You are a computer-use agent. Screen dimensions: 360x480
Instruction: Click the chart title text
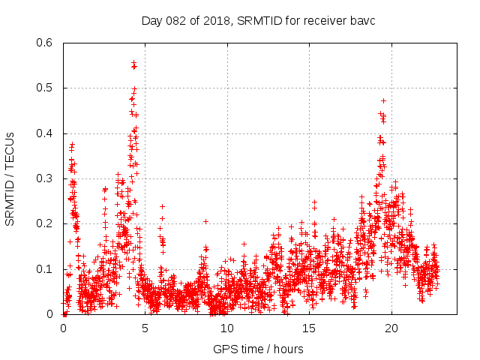[x=258, y=20]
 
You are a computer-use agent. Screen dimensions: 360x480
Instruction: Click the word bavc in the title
[x=362, y=20]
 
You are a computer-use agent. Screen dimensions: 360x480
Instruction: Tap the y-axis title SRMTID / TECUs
[x=10, y=178]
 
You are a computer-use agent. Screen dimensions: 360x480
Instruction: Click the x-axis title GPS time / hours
[x=258, y=349]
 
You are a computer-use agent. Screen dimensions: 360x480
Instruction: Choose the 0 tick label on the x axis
[x=63, y=328]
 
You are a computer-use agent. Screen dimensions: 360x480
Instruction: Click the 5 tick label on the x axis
[x=145, y=328]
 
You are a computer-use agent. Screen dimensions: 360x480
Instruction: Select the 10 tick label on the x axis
[x=227, y=328]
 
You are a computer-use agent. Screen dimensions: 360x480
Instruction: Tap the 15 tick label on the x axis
[x=309, y=328]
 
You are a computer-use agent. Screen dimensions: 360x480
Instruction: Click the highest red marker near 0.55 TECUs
[x=133, y=63]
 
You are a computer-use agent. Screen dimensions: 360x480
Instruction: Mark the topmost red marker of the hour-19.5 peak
[x=383, y=100]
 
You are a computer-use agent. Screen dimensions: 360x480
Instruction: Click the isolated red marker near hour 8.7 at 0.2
[x=205, y=221]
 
